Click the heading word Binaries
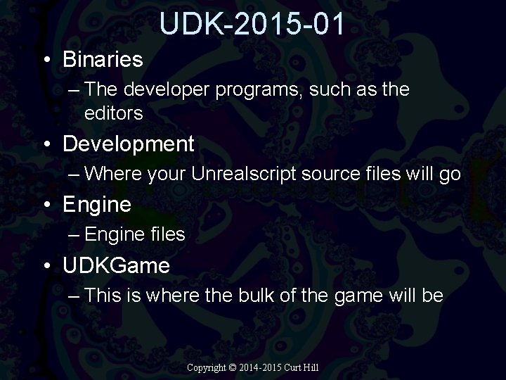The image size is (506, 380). coord(103,60)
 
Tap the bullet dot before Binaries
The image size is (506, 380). coord(46,61)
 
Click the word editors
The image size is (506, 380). coord(113,113)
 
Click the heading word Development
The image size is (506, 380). coord(128,144)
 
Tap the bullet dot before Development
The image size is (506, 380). coord(46,145)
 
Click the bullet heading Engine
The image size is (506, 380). coord(97,205)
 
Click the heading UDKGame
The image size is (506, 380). coord(116,265)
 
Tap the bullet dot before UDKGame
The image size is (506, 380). coord(46,266)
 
